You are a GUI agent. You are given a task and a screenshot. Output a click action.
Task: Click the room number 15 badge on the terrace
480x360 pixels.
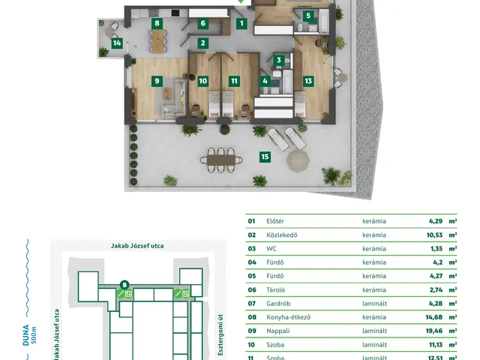tap(265, 157)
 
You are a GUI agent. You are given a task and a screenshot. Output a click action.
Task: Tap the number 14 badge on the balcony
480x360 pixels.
tap(117, 43)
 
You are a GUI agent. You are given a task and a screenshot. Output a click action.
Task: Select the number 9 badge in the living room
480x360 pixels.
tap(157, 81)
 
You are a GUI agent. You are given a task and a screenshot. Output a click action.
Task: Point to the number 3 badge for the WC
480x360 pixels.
tap(279, 60)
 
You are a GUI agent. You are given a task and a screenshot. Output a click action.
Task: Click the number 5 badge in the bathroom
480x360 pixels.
tap(308, 16)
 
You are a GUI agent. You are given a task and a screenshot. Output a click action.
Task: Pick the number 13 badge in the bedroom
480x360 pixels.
tap(308, 81)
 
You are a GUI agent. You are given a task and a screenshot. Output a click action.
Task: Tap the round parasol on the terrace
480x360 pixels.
tap(298, 160)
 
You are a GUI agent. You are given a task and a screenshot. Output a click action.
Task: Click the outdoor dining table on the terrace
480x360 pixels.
tap(221, 160)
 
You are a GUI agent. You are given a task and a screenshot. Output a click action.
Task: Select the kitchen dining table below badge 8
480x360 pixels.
tap(157, 41)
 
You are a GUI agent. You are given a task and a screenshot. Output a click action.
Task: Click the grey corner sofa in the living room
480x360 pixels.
tap(173, 100)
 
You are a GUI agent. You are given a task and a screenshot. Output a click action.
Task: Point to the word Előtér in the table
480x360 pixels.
tap(275, 221)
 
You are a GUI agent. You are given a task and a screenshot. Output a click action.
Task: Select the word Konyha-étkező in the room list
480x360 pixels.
tap(288, 317)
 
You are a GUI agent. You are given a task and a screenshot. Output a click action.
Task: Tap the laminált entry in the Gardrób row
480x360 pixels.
tap(375, 304)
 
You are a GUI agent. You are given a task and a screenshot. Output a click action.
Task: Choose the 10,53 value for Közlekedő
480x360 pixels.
tap(434, 235)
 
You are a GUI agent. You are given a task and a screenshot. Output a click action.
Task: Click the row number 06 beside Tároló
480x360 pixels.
tap(252, 290)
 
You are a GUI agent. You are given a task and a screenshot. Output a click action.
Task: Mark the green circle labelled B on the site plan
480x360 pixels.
tap(124, 285)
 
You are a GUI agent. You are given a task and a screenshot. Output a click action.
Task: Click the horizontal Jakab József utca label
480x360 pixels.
tap(137, 246)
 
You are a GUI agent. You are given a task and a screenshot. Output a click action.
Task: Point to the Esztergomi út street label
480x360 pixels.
tap(220, 334)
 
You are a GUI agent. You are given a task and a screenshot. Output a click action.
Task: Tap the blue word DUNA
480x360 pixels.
tap(26, 335)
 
